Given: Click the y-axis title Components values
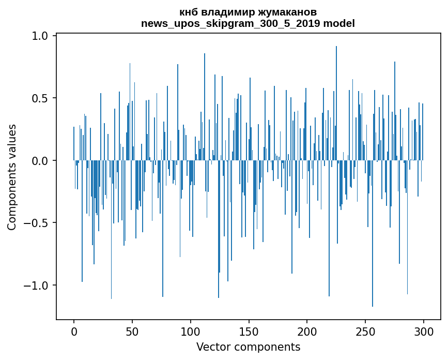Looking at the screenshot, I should click(12, 177).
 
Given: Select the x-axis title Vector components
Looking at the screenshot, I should click(248, 347).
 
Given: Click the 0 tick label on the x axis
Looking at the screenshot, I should click(74, 331).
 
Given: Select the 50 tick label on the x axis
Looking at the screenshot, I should click(132, 331).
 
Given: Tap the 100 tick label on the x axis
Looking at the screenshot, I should click(191, 331).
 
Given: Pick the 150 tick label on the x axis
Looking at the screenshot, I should click(249, 331).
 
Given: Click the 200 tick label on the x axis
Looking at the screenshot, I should click(307, 331).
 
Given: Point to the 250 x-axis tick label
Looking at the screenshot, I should click(365, 331).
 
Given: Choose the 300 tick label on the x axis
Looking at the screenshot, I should click(424, 331).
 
